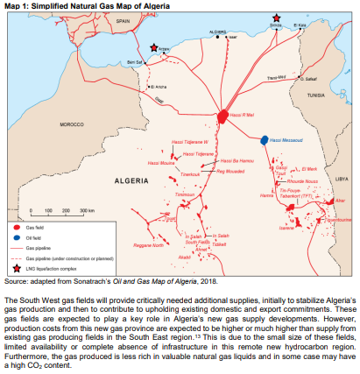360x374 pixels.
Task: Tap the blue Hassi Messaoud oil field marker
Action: [x=264, y=139]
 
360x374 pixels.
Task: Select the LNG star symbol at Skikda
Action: [x=277, y=18]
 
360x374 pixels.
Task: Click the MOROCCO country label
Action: [x=70, y=125]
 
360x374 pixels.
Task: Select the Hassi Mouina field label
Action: [x=160, y=163]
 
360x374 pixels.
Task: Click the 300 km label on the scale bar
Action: [x=86, y=212]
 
